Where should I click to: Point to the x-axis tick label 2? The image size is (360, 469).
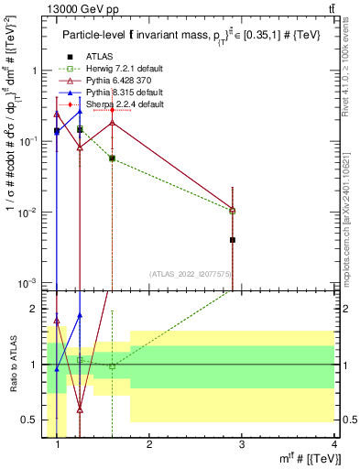coord(148,446)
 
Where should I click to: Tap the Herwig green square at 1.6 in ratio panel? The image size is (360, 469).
coord(112,366)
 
